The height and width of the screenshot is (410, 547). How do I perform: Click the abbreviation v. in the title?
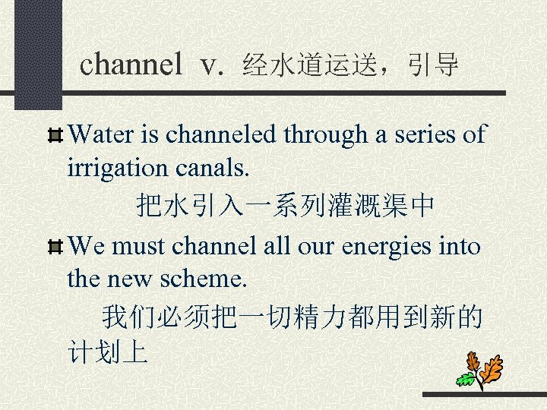(x=213, y=66)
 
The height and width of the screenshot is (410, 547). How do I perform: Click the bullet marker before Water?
(x=55, y=137)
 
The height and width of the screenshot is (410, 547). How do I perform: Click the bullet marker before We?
(x=55, y=248)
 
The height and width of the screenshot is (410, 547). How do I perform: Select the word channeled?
(x=222, y=135)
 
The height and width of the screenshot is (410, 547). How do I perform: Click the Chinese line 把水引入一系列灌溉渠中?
(x=286, y=205)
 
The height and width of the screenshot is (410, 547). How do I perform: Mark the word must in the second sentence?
(x=142, y=247)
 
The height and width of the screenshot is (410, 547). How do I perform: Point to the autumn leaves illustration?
(x=480, y=370)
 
